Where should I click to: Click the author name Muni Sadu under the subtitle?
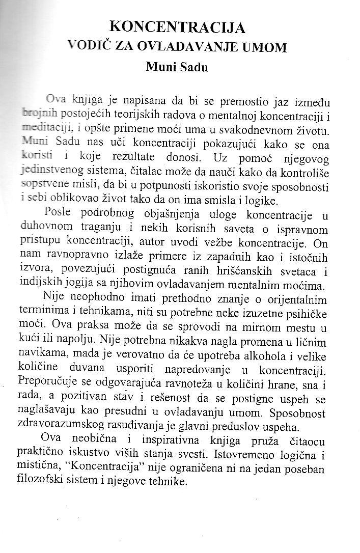[x=177, y=66]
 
